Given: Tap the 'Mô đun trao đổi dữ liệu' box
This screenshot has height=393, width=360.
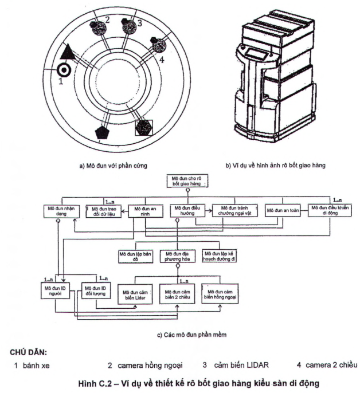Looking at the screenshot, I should (103, 211).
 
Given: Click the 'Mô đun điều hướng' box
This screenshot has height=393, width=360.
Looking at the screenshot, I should (186, 211).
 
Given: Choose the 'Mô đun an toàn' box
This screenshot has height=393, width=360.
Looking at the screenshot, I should (279, 211).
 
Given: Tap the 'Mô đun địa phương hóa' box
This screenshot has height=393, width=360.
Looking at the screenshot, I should (178, 256).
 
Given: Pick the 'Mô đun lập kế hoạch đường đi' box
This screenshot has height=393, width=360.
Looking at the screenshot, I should (220, 256).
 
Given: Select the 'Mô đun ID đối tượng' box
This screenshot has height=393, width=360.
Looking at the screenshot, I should (95, 290).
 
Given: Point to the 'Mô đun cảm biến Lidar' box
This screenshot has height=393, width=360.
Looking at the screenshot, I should (136, 295).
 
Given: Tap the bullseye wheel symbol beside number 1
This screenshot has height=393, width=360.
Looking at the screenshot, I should (65, 71).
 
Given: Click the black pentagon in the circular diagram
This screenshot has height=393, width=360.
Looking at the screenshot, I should (104, 132).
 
